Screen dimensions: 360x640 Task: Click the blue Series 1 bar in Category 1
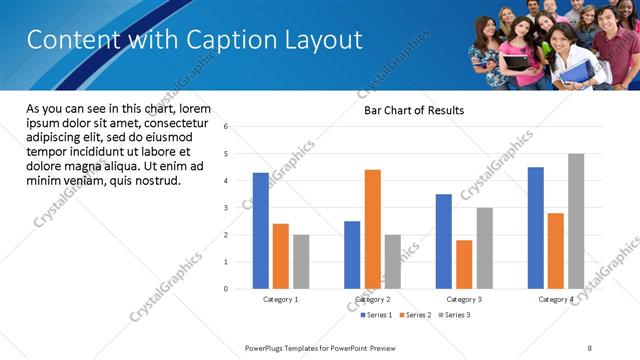[x=261, y=231]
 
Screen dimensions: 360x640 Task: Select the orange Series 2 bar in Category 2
[x=372, y=229]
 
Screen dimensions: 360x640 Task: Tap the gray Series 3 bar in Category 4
[x=576, y=221]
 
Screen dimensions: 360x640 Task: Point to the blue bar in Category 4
[x=536, y=228]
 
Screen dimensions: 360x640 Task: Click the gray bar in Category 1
[x=301, y=262]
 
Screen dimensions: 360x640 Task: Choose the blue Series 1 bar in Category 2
[x=352, y=255]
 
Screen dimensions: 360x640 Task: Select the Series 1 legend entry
[x=375, y=315]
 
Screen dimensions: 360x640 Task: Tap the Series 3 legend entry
[x=453, y=315]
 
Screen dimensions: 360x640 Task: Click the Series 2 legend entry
[x=414, y=315]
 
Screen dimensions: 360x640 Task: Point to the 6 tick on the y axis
[x=226, y=127]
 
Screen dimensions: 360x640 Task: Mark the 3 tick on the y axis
[x=226, y=208]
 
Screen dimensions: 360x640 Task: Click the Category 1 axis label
[x=281, y=299]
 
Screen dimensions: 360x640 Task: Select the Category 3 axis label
[x=464, y=299]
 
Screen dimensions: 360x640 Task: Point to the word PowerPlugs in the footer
[x=267, y=347]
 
